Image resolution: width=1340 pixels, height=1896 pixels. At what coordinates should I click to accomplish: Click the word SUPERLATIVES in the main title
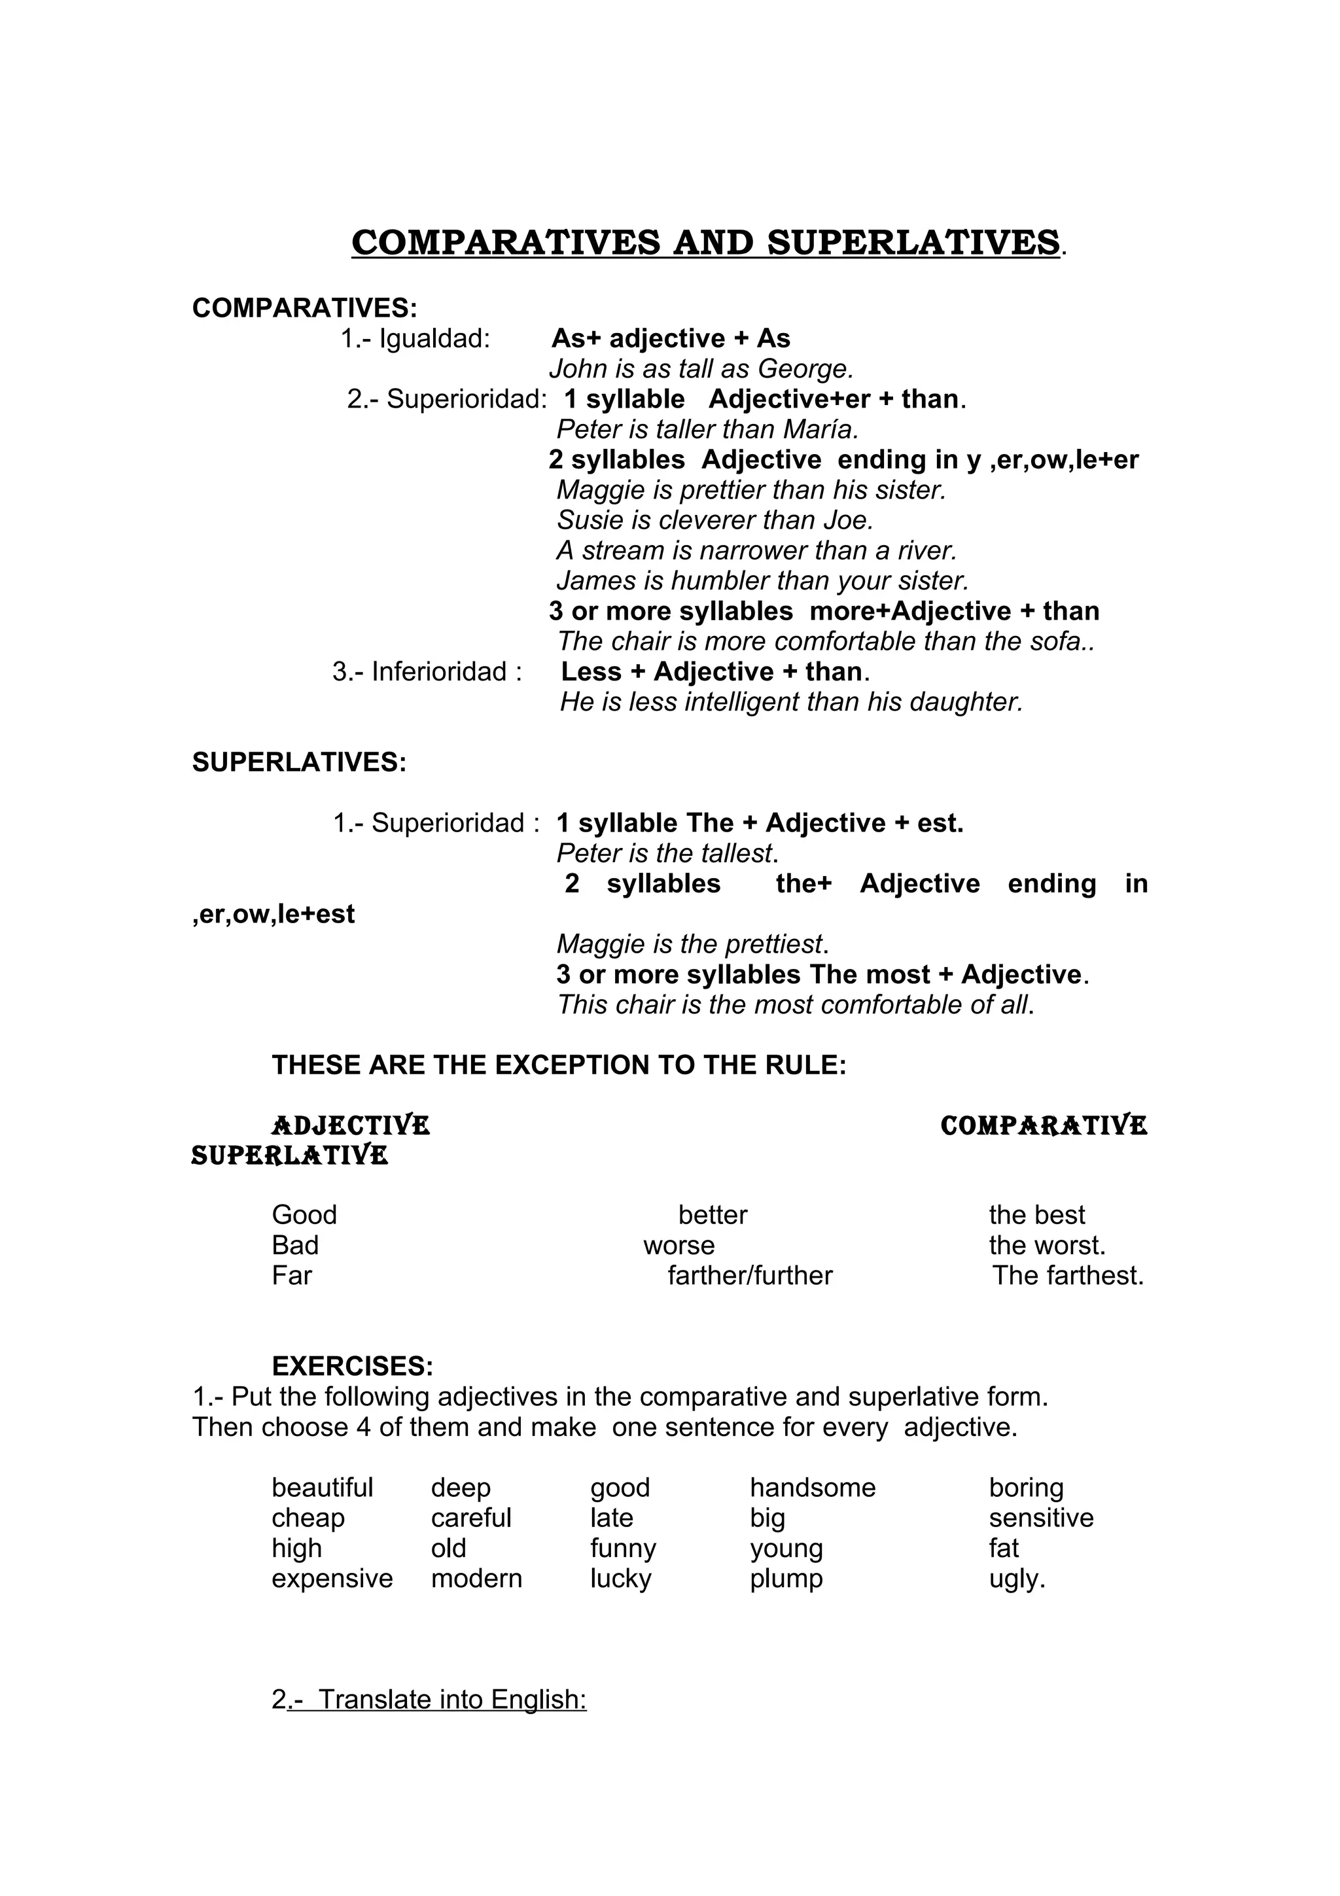[x=913, y=243]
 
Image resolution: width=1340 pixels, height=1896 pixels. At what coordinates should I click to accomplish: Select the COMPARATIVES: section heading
[x=305, y=308]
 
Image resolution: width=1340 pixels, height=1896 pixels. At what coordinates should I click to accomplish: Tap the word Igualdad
[x=434, y=339]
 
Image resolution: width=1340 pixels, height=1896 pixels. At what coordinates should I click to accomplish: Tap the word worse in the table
[x=679, y=1245]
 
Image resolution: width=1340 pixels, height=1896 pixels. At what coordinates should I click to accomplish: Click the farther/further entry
[x=750, y=1276]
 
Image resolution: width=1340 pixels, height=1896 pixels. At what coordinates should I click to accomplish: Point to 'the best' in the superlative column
[x=1036, y=1215]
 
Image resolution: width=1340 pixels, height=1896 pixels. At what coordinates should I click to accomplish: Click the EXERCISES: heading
[x=353, y=1367]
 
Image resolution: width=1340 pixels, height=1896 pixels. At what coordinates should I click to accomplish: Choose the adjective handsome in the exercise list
[x=813, y=1487]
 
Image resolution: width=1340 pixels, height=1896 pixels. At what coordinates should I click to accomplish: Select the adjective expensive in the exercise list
[x=332, y=1578]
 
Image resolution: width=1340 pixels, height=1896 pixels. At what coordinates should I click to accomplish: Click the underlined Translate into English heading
[x=451, y=1700]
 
